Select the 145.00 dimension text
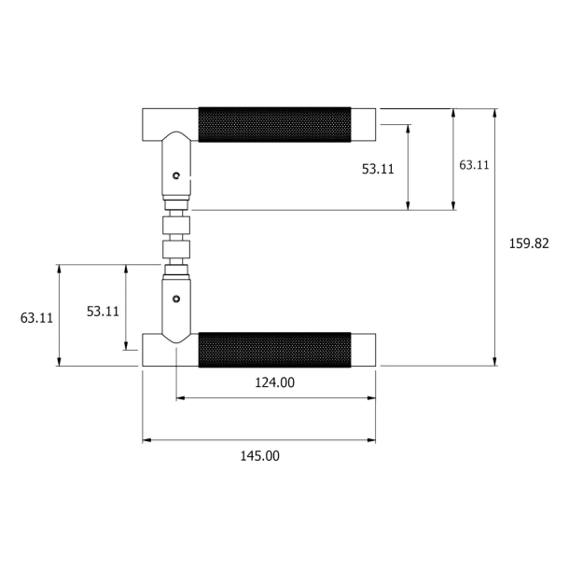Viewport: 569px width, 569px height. click(259, 456)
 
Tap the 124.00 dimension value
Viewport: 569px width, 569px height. click(274, 382)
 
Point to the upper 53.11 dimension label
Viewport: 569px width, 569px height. click(380, 169)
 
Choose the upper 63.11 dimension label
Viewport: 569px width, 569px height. click(475, 165)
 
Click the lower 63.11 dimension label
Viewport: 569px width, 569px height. click(36, 317)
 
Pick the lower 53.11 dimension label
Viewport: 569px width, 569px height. click(103, 312)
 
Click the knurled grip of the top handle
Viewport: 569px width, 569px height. click(274, 123)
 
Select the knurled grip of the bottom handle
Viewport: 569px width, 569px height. click(274, 348)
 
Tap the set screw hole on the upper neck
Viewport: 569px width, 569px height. click(176, 173)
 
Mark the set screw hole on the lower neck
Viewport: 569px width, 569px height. click(176, 299)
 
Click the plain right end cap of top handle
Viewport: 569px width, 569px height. click(363, 123)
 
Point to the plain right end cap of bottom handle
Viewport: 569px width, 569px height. click(363, 348)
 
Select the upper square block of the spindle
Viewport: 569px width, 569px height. click(176, 226)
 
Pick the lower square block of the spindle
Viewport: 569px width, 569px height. click(176, 249)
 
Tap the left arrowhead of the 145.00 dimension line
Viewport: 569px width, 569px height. click(146, 439)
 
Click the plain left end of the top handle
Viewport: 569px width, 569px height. click(154, 123)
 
